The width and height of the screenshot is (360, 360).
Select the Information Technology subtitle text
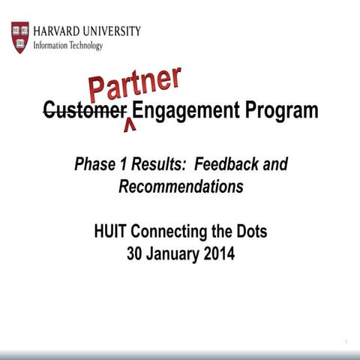click(x=68, y=45)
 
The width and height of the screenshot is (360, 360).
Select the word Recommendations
click(x=181, y=187)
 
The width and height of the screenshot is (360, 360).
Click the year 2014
click(x=218, y=254)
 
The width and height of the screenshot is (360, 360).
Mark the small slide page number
click(x=346, y=343)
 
